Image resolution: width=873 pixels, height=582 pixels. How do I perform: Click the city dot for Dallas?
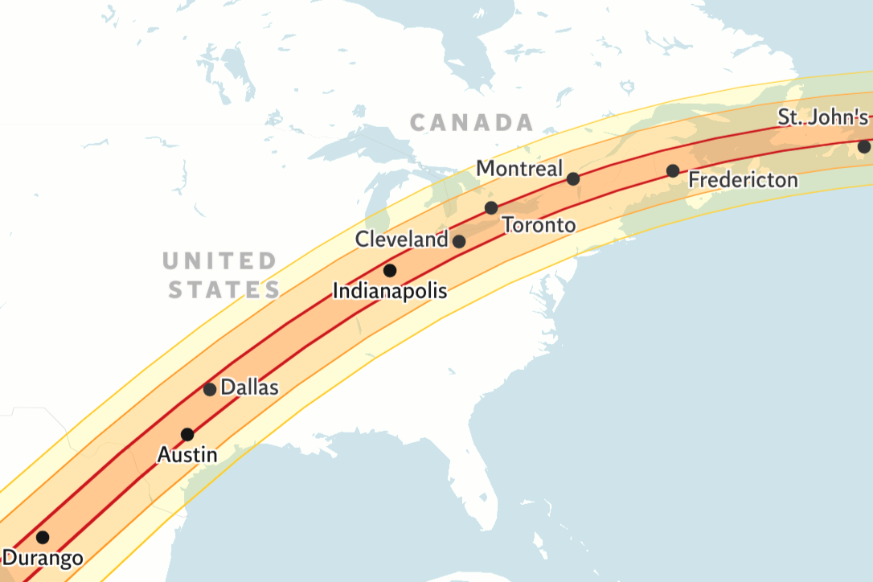pos(210,390)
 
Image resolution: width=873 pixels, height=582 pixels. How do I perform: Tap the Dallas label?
pos(249,387)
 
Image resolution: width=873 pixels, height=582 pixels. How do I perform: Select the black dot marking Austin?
pos(187,435)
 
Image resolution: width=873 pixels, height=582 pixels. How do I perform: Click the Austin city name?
pos(186,455)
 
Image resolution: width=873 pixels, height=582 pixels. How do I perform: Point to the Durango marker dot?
pos(43,537)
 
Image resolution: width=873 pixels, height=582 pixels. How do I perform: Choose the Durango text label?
pos(43,558)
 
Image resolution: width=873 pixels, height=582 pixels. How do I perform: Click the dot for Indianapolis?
pos(390,270)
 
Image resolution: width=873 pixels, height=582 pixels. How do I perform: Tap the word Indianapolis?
pos(390,291)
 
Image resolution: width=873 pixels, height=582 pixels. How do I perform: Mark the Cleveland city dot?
pos(459,241)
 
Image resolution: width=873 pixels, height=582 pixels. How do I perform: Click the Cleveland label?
pos(402,240)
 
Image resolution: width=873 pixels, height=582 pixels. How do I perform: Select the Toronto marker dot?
pos(491,208)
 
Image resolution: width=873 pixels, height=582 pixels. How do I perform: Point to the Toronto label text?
pos(539,225)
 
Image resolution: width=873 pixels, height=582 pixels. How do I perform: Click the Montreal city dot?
pos(573,178)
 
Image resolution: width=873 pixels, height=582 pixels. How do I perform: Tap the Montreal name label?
pos(519,169)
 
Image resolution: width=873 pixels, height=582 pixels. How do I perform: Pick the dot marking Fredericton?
pos(673,170)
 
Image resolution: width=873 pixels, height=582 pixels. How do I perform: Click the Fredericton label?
pos(744,179)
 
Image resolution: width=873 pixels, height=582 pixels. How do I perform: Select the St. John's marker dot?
pos(863,147)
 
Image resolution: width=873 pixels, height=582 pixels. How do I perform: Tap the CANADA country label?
pos(471,123)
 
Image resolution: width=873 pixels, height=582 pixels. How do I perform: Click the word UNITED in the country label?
pos(219,261)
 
